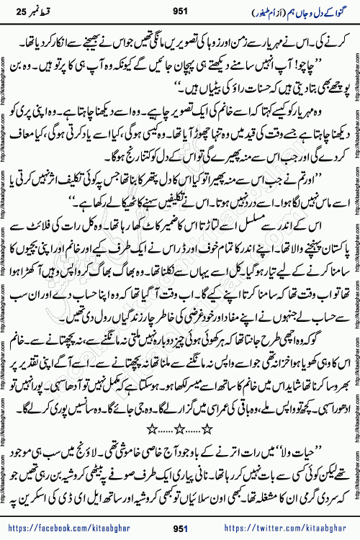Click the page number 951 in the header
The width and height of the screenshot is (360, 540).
(180, 11)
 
